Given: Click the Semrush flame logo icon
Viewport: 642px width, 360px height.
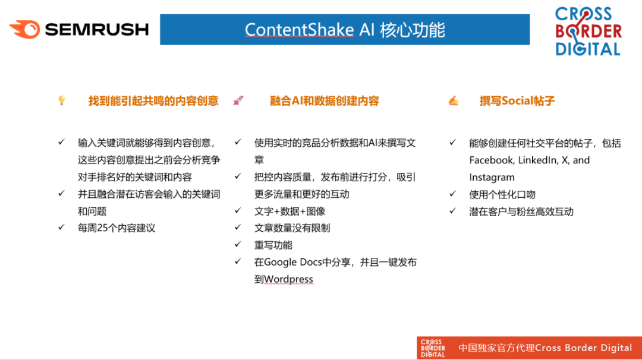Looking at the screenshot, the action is (x=24, y=30).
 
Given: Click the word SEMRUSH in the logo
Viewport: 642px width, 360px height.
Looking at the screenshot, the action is (x=97, y=30).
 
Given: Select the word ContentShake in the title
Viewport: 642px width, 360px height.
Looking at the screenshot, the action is (x=299, y=30).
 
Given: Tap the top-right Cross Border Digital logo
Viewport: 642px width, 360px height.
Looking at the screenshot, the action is (x=588, y=31).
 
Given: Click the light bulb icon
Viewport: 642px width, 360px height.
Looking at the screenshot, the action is (x=62, y=100).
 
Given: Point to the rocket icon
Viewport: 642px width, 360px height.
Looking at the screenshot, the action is (x=238, y=100).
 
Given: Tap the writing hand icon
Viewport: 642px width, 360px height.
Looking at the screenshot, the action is (x=453, y=100).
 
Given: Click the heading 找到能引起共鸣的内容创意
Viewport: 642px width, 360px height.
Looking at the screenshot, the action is (x=153, y=100).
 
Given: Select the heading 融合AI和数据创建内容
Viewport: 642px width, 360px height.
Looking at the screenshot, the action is (x=325, y=100).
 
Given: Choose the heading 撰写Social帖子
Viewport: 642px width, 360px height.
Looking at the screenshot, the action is (x=517, y=100).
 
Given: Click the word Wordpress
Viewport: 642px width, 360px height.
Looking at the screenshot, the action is (x=289, y=279).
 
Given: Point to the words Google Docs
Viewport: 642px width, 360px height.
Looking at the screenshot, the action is (x=292, y=262).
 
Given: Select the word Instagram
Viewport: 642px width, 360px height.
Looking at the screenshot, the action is (x=492, y=178).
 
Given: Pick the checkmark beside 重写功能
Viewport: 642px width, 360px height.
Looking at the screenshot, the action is (x=238, y=244).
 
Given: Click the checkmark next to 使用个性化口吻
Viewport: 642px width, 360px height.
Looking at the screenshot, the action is (x=452, y=194).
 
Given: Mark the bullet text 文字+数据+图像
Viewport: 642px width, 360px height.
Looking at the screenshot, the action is (x=289, y=211).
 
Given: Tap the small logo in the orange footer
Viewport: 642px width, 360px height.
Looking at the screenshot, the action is (x=433, y=348).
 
